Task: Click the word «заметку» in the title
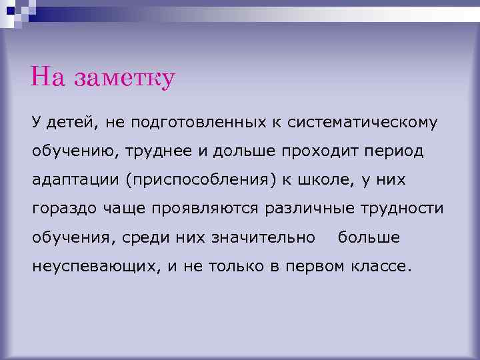point(125,78)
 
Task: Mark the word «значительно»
point(263,237)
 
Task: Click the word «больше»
point(369,237)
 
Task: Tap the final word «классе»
point(383,267)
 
